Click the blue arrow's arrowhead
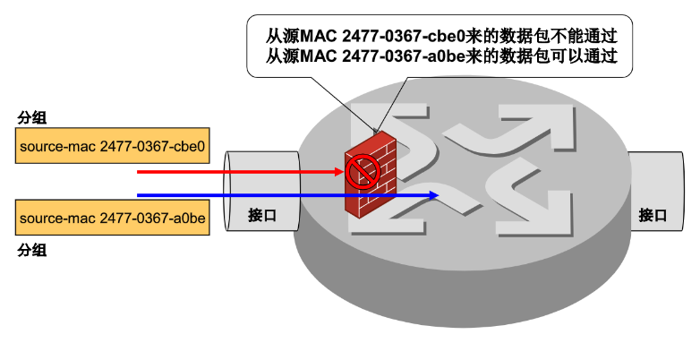(x=434, y=194)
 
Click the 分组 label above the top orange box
(x=32, y=117)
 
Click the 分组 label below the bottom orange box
(x=32, y=250)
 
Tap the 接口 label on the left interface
(x=262, y=215)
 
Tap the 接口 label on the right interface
(x=653, y=215)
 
